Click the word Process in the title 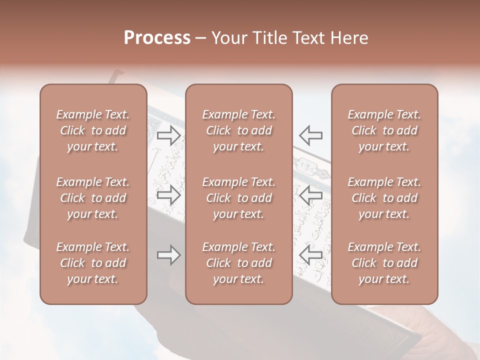pos(157,38)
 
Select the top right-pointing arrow pos(169,135)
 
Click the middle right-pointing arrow pos(169,195)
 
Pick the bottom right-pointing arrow pos(169,255)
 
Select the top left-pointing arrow pos(310,135)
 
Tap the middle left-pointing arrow pos(310,195)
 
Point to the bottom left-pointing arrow pos(310,255)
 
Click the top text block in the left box pos(93,130)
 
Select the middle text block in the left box pos(93,198)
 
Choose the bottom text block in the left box pos(93,263)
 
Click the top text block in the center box pos(239,130)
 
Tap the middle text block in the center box pos(239,198)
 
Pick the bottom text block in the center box pos(239,263)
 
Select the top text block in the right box pos(384,130)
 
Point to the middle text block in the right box pos(384,198)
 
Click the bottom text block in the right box pos(384,263)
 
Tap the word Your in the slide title pos(229,38)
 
